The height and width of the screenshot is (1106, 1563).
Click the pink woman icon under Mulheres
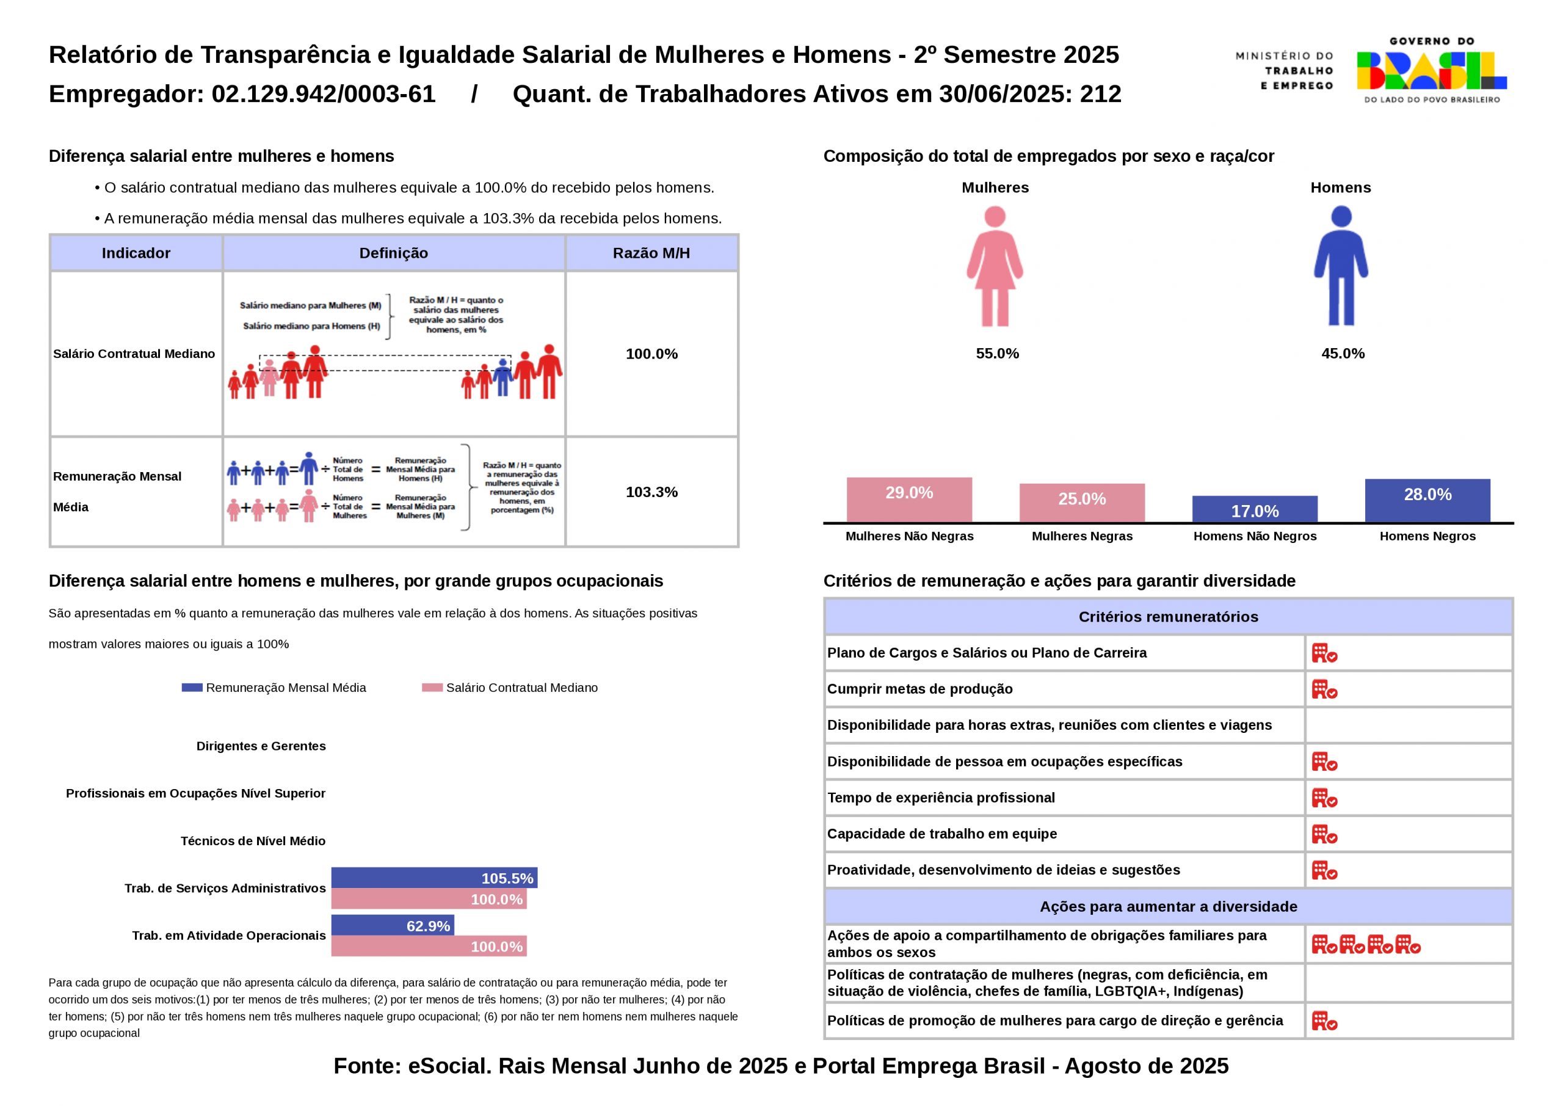click(x=995, y=266)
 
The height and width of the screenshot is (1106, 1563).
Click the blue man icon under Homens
click(x=1340, y=266)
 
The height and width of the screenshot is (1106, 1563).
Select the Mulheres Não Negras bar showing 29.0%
click(x=909, y=500)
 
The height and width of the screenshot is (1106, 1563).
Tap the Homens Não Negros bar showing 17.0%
click(x=1255, y=509)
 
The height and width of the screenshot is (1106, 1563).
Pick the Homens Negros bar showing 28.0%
click(x=1427, y=501)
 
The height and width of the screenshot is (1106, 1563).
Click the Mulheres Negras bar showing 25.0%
click(x=1082, y=503)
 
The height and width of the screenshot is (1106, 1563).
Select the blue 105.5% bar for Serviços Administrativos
click(x=433, y=878)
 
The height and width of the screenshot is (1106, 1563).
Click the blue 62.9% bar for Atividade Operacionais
click(x=392, y=925)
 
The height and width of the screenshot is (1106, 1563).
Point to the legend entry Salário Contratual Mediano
click(x=510, y=688)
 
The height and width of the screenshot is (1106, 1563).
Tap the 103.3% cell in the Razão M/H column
click(x=651, y=492)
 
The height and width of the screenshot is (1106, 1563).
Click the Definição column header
click(x=393, y=253)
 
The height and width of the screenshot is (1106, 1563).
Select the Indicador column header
click(x=136, y=253)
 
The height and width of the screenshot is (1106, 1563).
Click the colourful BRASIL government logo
click(x=1431, y=71)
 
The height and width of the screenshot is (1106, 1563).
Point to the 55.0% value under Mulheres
click(x=997, y=354)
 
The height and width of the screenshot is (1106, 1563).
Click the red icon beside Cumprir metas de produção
click(x=1324, y=689)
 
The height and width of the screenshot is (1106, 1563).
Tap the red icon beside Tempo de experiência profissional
click(x=1324, y=798)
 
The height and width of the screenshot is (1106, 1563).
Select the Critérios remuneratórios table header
click(x=1168, y=617)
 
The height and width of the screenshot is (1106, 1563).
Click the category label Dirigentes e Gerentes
click(x=261, y=746)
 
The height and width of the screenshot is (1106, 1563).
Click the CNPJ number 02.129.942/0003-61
click(x=324, y=94)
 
